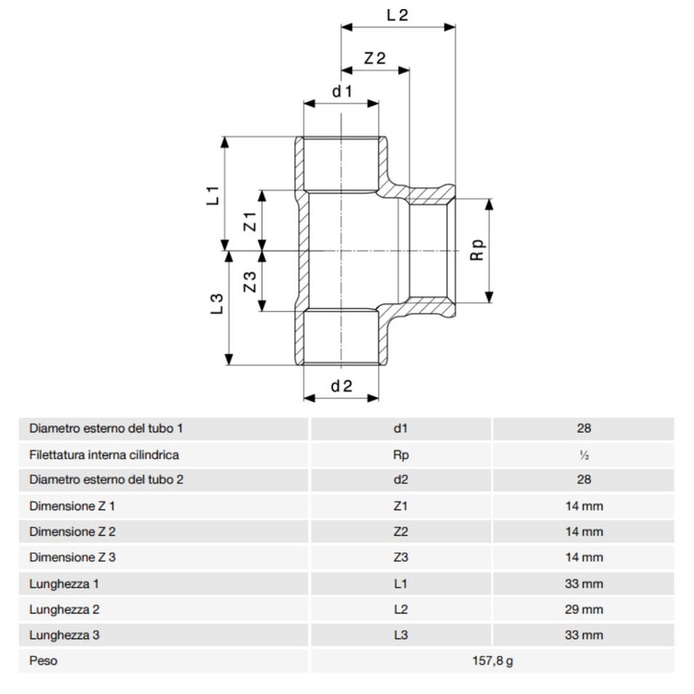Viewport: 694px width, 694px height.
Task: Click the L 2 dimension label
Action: click(396, 15)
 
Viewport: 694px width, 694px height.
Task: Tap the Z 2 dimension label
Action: click(375, 58)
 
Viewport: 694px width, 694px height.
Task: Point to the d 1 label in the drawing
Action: click(341, 91)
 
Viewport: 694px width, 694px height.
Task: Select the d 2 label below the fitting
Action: click(341, 386)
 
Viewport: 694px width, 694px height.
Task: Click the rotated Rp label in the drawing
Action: click(478, 250)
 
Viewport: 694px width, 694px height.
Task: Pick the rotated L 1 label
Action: click(213, 195)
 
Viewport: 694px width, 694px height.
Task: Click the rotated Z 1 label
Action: click(251, 220)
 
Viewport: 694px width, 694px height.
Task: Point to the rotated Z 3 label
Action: click(251, 282)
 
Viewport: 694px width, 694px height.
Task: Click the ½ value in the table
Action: click(583, 455)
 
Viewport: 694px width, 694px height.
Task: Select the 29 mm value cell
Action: click(583, 609)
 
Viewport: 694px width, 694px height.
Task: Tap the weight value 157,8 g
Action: click(492, 661)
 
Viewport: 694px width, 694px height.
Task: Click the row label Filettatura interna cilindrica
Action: click(104, 455)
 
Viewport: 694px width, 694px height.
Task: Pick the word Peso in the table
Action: click(43, 661)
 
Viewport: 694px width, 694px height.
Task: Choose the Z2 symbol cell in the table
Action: click(400, 532)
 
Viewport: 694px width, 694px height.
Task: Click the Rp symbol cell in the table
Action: click(400, 455)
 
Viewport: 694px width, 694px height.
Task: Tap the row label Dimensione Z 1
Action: click(72, 506)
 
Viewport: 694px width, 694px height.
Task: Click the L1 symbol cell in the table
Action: click(400, 583)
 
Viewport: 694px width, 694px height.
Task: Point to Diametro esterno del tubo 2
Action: click(106, 480)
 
